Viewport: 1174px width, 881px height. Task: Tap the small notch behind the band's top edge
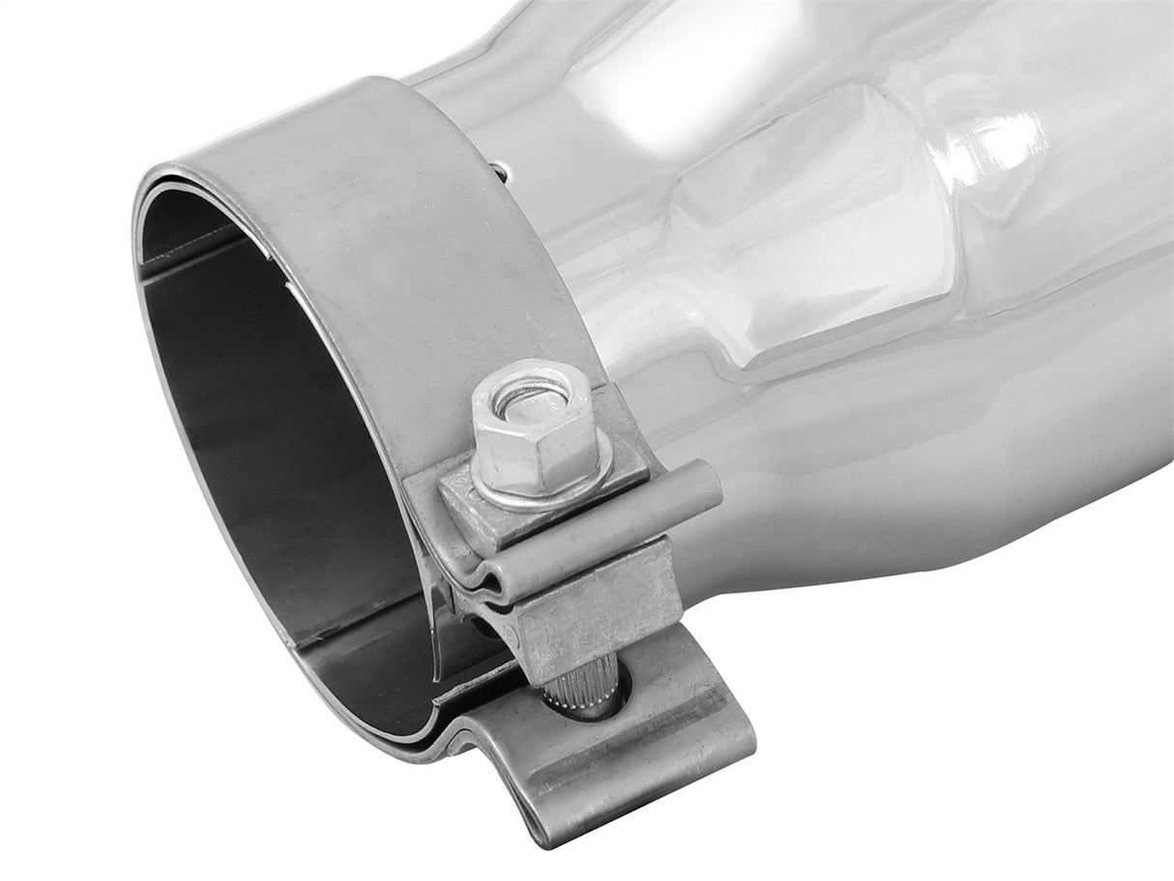pyautogui.click(x=499, y=172)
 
